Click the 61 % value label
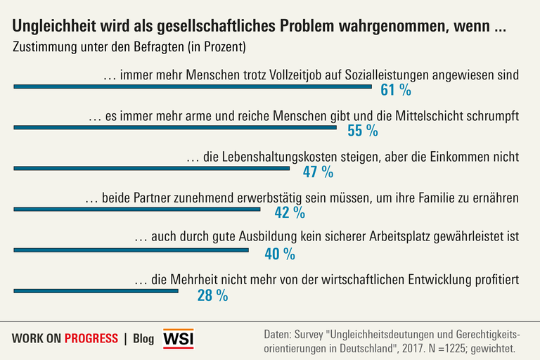tap(395, 90)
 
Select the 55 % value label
tap(363, 131)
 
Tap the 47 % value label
tap(318, 172)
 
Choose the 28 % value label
tap(212, 295)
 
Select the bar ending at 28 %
tap(96, 290)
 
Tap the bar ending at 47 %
tap(152, 168)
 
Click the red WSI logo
tap(178, 339)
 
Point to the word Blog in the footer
tap(143, 339)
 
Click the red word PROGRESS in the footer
tap(91, 339)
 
